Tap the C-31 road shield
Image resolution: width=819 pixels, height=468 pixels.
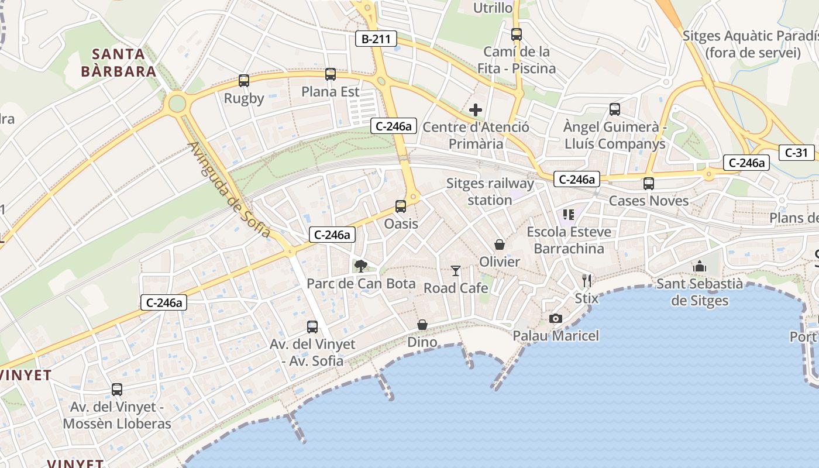[796, 153]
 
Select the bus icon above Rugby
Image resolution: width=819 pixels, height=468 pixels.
[244, 81]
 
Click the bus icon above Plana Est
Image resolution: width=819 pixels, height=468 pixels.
[331, 74]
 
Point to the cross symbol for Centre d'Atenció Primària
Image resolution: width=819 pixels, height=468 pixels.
[476, 109]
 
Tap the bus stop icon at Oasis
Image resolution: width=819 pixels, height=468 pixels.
[401, 206]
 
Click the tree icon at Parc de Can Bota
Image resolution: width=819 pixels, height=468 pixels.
[361, 266]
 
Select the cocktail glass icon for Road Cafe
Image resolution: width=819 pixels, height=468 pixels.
[456, 270]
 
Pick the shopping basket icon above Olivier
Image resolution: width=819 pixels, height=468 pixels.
[500, 244]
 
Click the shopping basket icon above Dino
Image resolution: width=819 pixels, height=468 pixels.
[422, 324]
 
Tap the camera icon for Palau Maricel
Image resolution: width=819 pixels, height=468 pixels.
[556, 318]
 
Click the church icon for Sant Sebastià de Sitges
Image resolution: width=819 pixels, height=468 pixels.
[700, 267]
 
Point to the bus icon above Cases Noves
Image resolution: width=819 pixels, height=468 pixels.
[649, 183]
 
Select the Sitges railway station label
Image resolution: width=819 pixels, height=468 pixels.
[490, 191]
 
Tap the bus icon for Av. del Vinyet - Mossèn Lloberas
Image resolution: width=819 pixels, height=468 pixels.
[117, 389]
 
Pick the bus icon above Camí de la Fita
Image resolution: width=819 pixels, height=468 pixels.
[516, 34]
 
